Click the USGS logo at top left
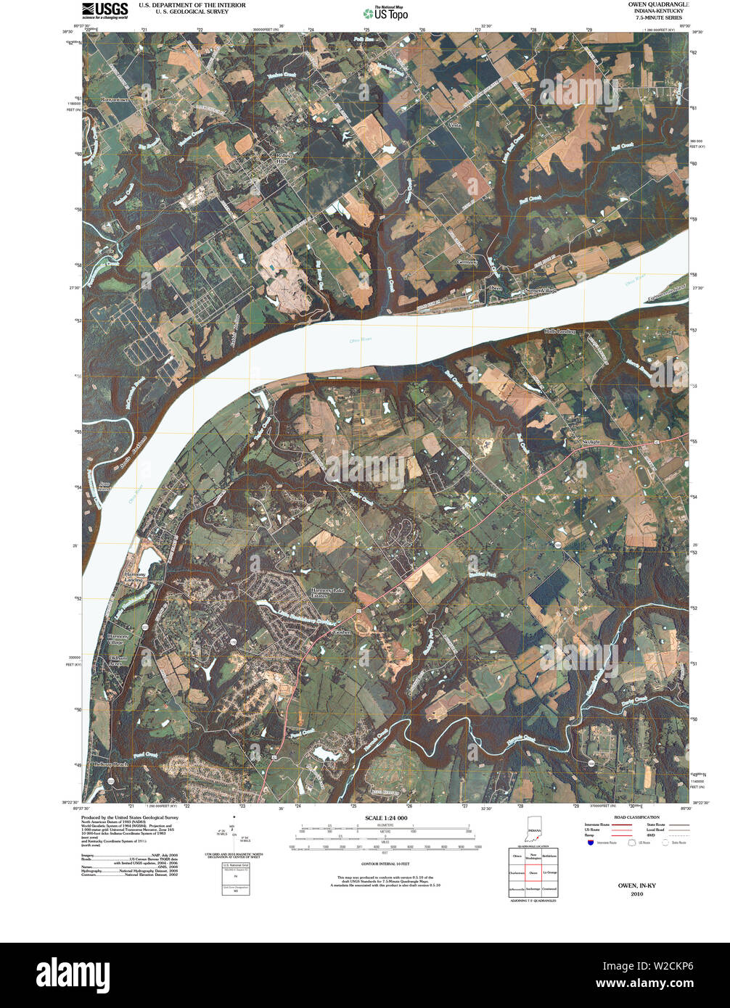coord(104,10)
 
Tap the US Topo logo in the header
coord(385,12)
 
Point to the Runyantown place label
coord(115,99)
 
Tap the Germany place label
coord(467,262)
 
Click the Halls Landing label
coord(559,331)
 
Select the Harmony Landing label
coord(132,577)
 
